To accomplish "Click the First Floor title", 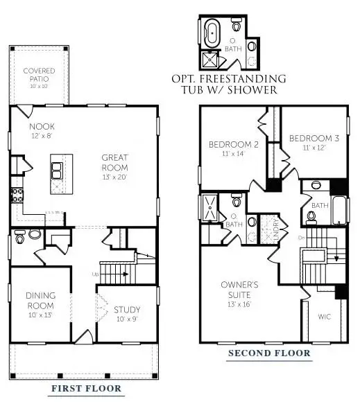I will pyautogui.click(x=85, y=389).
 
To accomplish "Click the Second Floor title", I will pyautogui.click(x=269, y=354).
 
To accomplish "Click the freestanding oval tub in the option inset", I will pyautogui.click(x=210, y=33).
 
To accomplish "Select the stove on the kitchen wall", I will pyautogui.click(x=15, y=196).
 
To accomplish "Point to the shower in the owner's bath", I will pyautogui.click(x=209, y=207).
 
